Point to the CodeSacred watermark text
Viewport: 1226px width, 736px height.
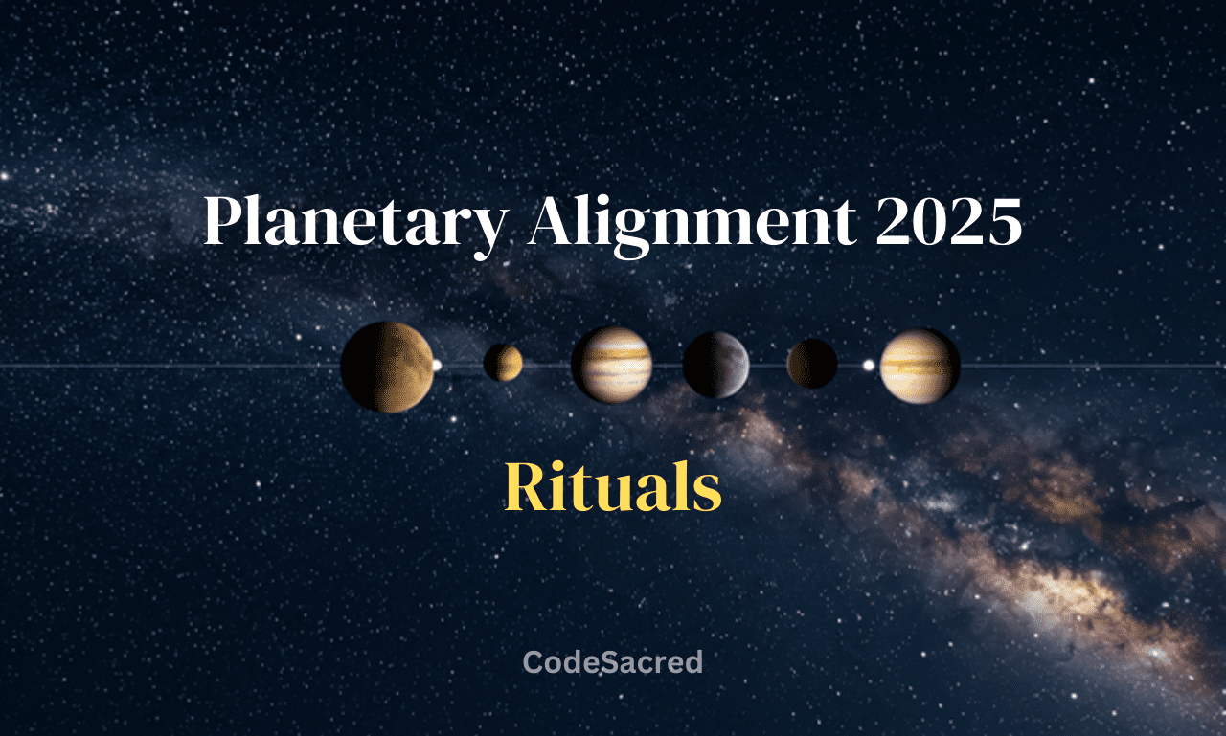pyautogui.click(x=613, y=661)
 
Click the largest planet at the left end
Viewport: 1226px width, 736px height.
pyautogui.click(x=387, y=367)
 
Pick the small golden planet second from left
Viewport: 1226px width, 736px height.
pyautogui.click(x=503, y=363)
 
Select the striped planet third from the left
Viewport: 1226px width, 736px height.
pyautogui.click(x=611, y=365)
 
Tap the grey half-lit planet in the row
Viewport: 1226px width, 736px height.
pyautogui.click(x=715, y=365)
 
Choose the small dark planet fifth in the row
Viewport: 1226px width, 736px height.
pyautogui.click(x=812, y=364)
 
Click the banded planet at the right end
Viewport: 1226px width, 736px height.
pyautogui.click(x=919, y=366)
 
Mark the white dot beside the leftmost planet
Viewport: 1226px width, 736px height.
pyautogui.click(x=437, y=365)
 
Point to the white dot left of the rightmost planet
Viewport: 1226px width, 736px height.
pyautogui.click(x=869, y=365)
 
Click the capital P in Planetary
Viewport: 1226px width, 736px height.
pyautogui.click(x=222, y=223)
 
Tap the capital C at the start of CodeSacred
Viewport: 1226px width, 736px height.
pyautogui.click(x=533, y=661)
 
